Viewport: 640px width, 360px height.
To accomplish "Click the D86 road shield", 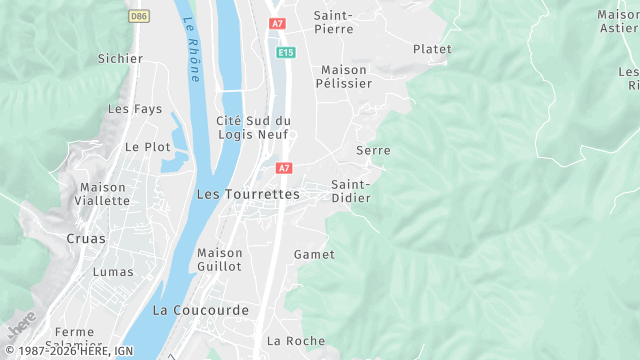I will pos(138,16).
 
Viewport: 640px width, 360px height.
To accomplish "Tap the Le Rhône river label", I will pos(193,50).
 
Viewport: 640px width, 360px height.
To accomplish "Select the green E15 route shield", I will pos(286,52).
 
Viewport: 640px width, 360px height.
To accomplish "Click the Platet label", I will pos(432,49).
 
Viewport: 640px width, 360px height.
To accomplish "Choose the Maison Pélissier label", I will pos(345,77).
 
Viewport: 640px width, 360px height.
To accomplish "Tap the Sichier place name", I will pos(120,59).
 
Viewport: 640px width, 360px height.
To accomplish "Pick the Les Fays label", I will pos(128,109).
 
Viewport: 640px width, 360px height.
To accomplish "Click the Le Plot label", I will pos(147,146).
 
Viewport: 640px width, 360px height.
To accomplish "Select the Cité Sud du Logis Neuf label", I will pos(253,128).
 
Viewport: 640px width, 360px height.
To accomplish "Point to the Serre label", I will pos(372,150).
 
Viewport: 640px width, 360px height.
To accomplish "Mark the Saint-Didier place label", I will pos(351,191).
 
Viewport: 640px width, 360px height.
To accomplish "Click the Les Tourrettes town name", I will pos(249,194).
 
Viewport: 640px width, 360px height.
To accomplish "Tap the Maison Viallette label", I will pos(102,194).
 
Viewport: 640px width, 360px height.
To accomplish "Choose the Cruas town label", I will pos(85,239).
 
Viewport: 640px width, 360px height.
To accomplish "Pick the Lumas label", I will pos(113,272).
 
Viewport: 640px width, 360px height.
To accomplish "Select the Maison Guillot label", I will pos(220,260).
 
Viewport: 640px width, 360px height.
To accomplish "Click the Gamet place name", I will pos(314,255).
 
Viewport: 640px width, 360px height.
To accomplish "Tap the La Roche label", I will pos(296,341).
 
